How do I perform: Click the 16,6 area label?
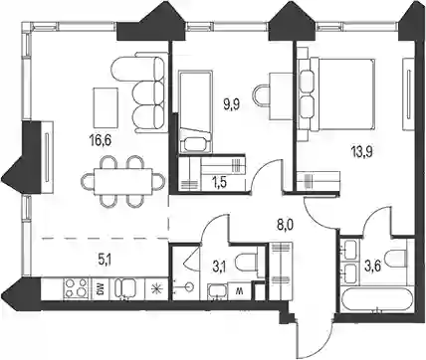tap(100, 140)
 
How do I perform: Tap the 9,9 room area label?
tap(231, 106)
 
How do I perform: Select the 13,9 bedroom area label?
tap(362, 152)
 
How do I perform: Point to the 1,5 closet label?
tap(218, 182)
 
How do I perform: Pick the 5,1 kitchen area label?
tap(105, 259)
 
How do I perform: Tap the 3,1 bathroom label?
tap(219, 268)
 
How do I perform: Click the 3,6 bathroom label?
tap(372, 268)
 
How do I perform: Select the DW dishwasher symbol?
tap(99, 289)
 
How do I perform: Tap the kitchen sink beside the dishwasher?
tap(124, 288)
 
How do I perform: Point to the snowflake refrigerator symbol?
tap(155, 289)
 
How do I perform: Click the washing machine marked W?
tap(238, 291)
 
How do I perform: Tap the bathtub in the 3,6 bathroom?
tap(376, 300)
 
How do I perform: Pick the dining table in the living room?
tap(123, 182)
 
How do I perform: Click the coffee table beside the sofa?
tap(106, 107)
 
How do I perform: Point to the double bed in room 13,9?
tap(336, 94)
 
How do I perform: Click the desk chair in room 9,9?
tap(262, 96)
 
